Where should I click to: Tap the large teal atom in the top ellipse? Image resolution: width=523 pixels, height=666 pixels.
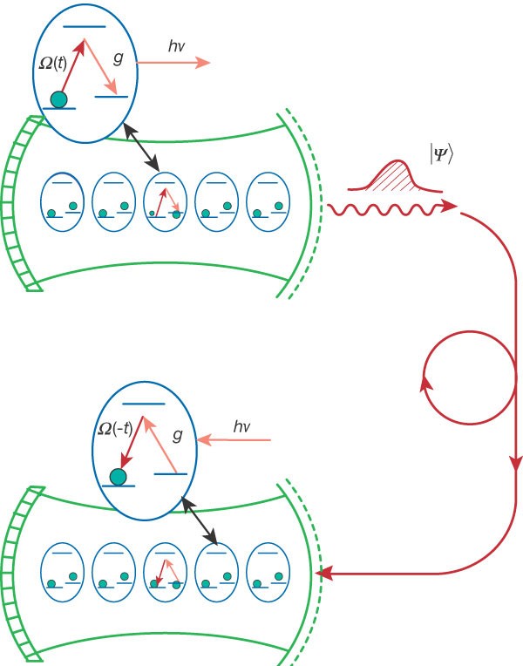coord(58,99)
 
